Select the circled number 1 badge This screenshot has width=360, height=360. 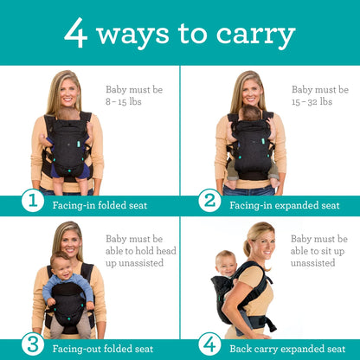pyautogui.click(x=32, y=202)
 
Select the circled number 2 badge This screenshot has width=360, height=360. pyautogui.click(x=209, y=202)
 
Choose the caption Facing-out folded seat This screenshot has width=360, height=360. pyautogui.click(x=98, y=349)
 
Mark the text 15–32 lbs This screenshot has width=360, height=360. pyautogui.click(x=312, y=101)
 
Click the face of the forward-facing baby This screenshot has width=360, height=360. pyautogui.click(x=60, y=265)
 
